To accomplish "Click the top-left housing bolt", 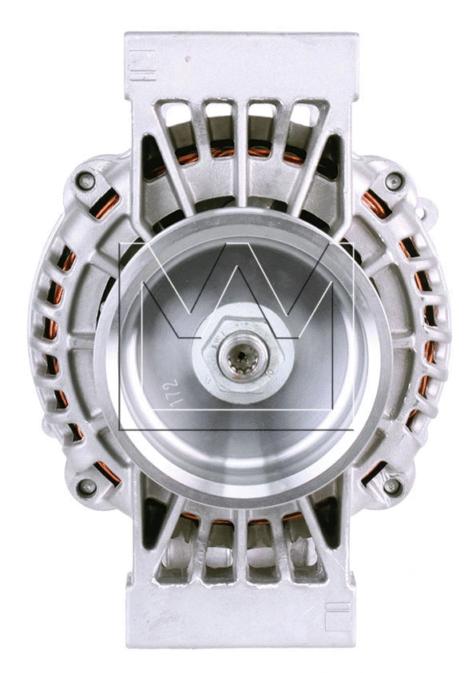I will tap(86, 181).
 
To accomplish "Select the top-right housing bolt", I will tap(393, 181).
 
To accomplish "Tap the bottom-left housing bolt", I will tap(86, 486).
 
